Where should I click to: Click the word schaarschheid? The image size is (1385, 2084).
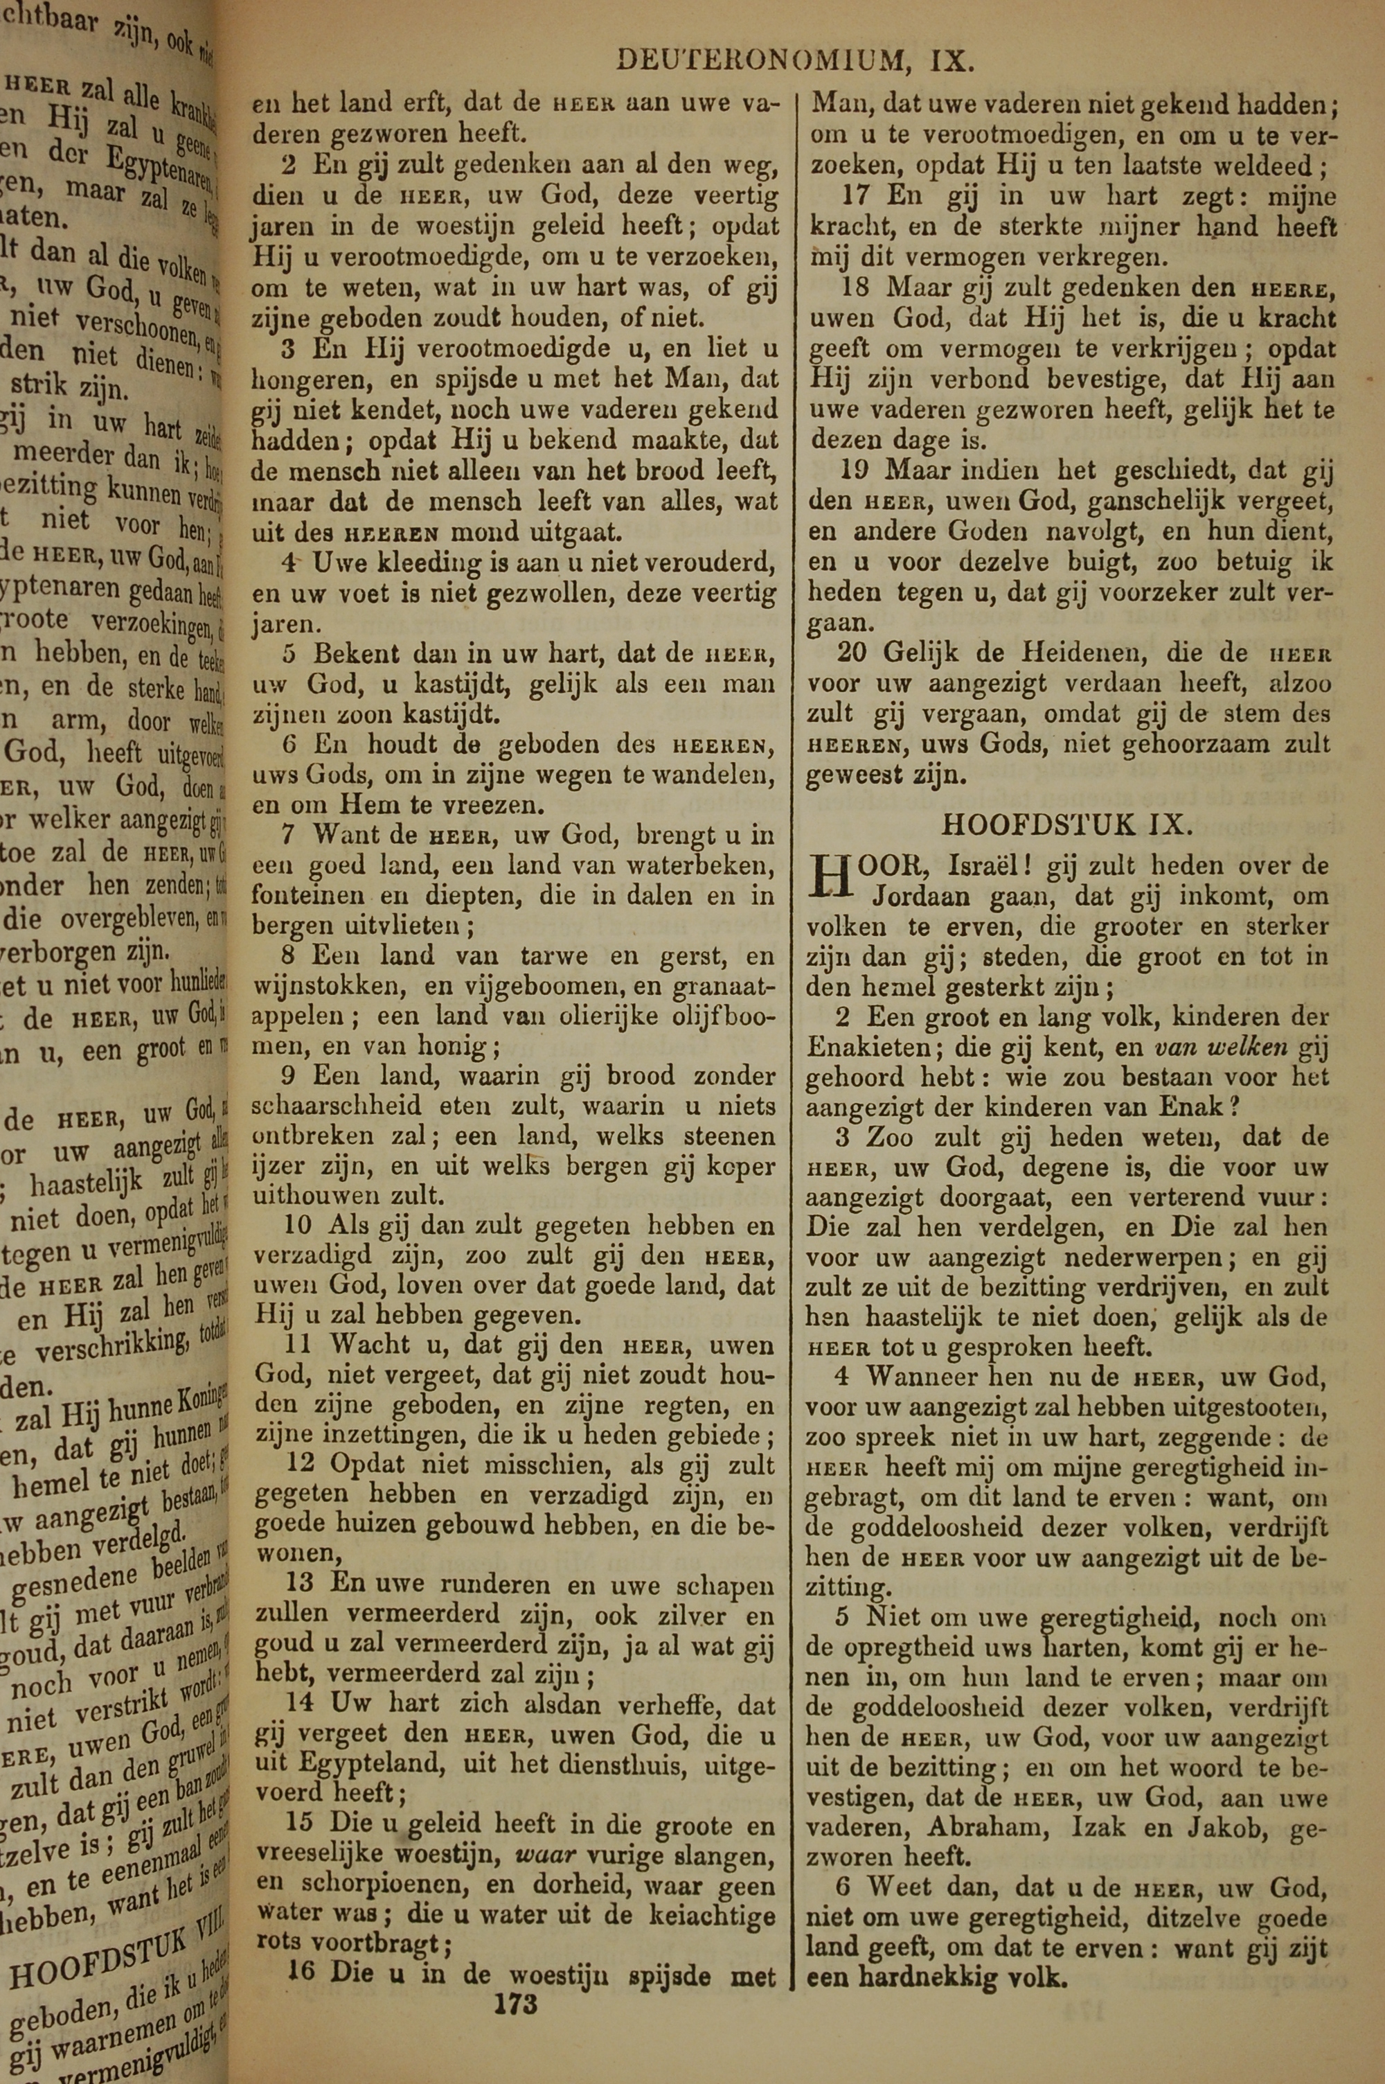coord(324,1106)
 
